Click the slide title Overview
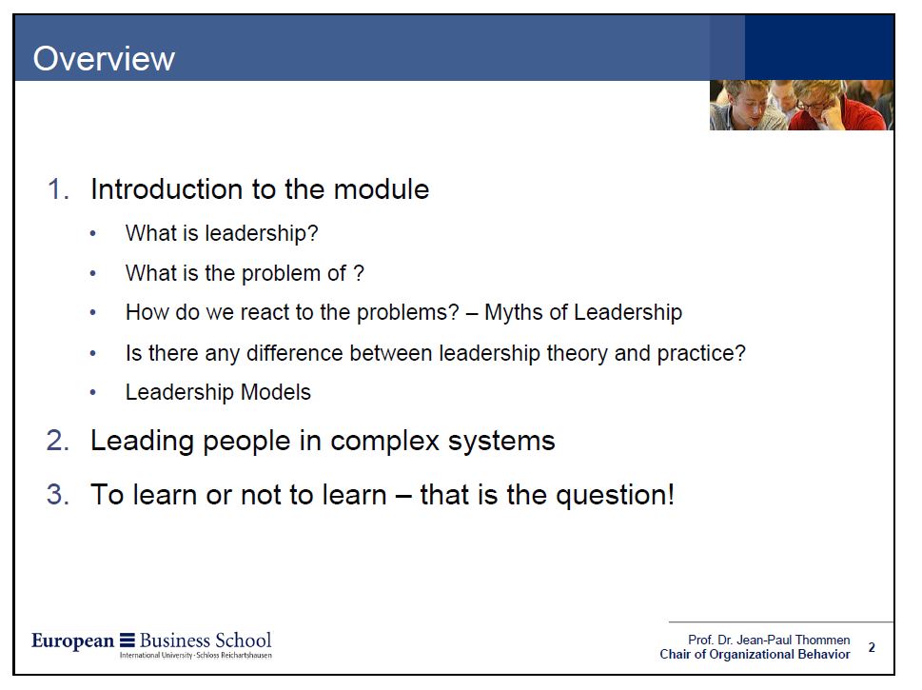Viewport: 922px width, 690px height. (104, 58)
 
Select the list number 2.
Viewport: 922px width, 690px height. (58, 441)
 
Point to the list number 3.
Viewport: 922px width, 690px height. (58, 494)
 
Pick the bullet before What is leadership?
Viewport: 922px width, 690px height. (92, 234)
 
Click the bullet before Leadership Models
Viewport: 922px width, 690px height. (92, 392)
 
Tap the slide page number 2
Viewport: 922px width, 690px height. (872, 647)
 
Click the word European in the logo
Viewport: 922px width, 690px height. (73, 641)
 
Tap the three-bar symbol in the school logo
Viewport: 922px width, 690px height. (127, 640)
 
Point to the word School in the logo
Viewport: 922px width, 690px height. (243, 640)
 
